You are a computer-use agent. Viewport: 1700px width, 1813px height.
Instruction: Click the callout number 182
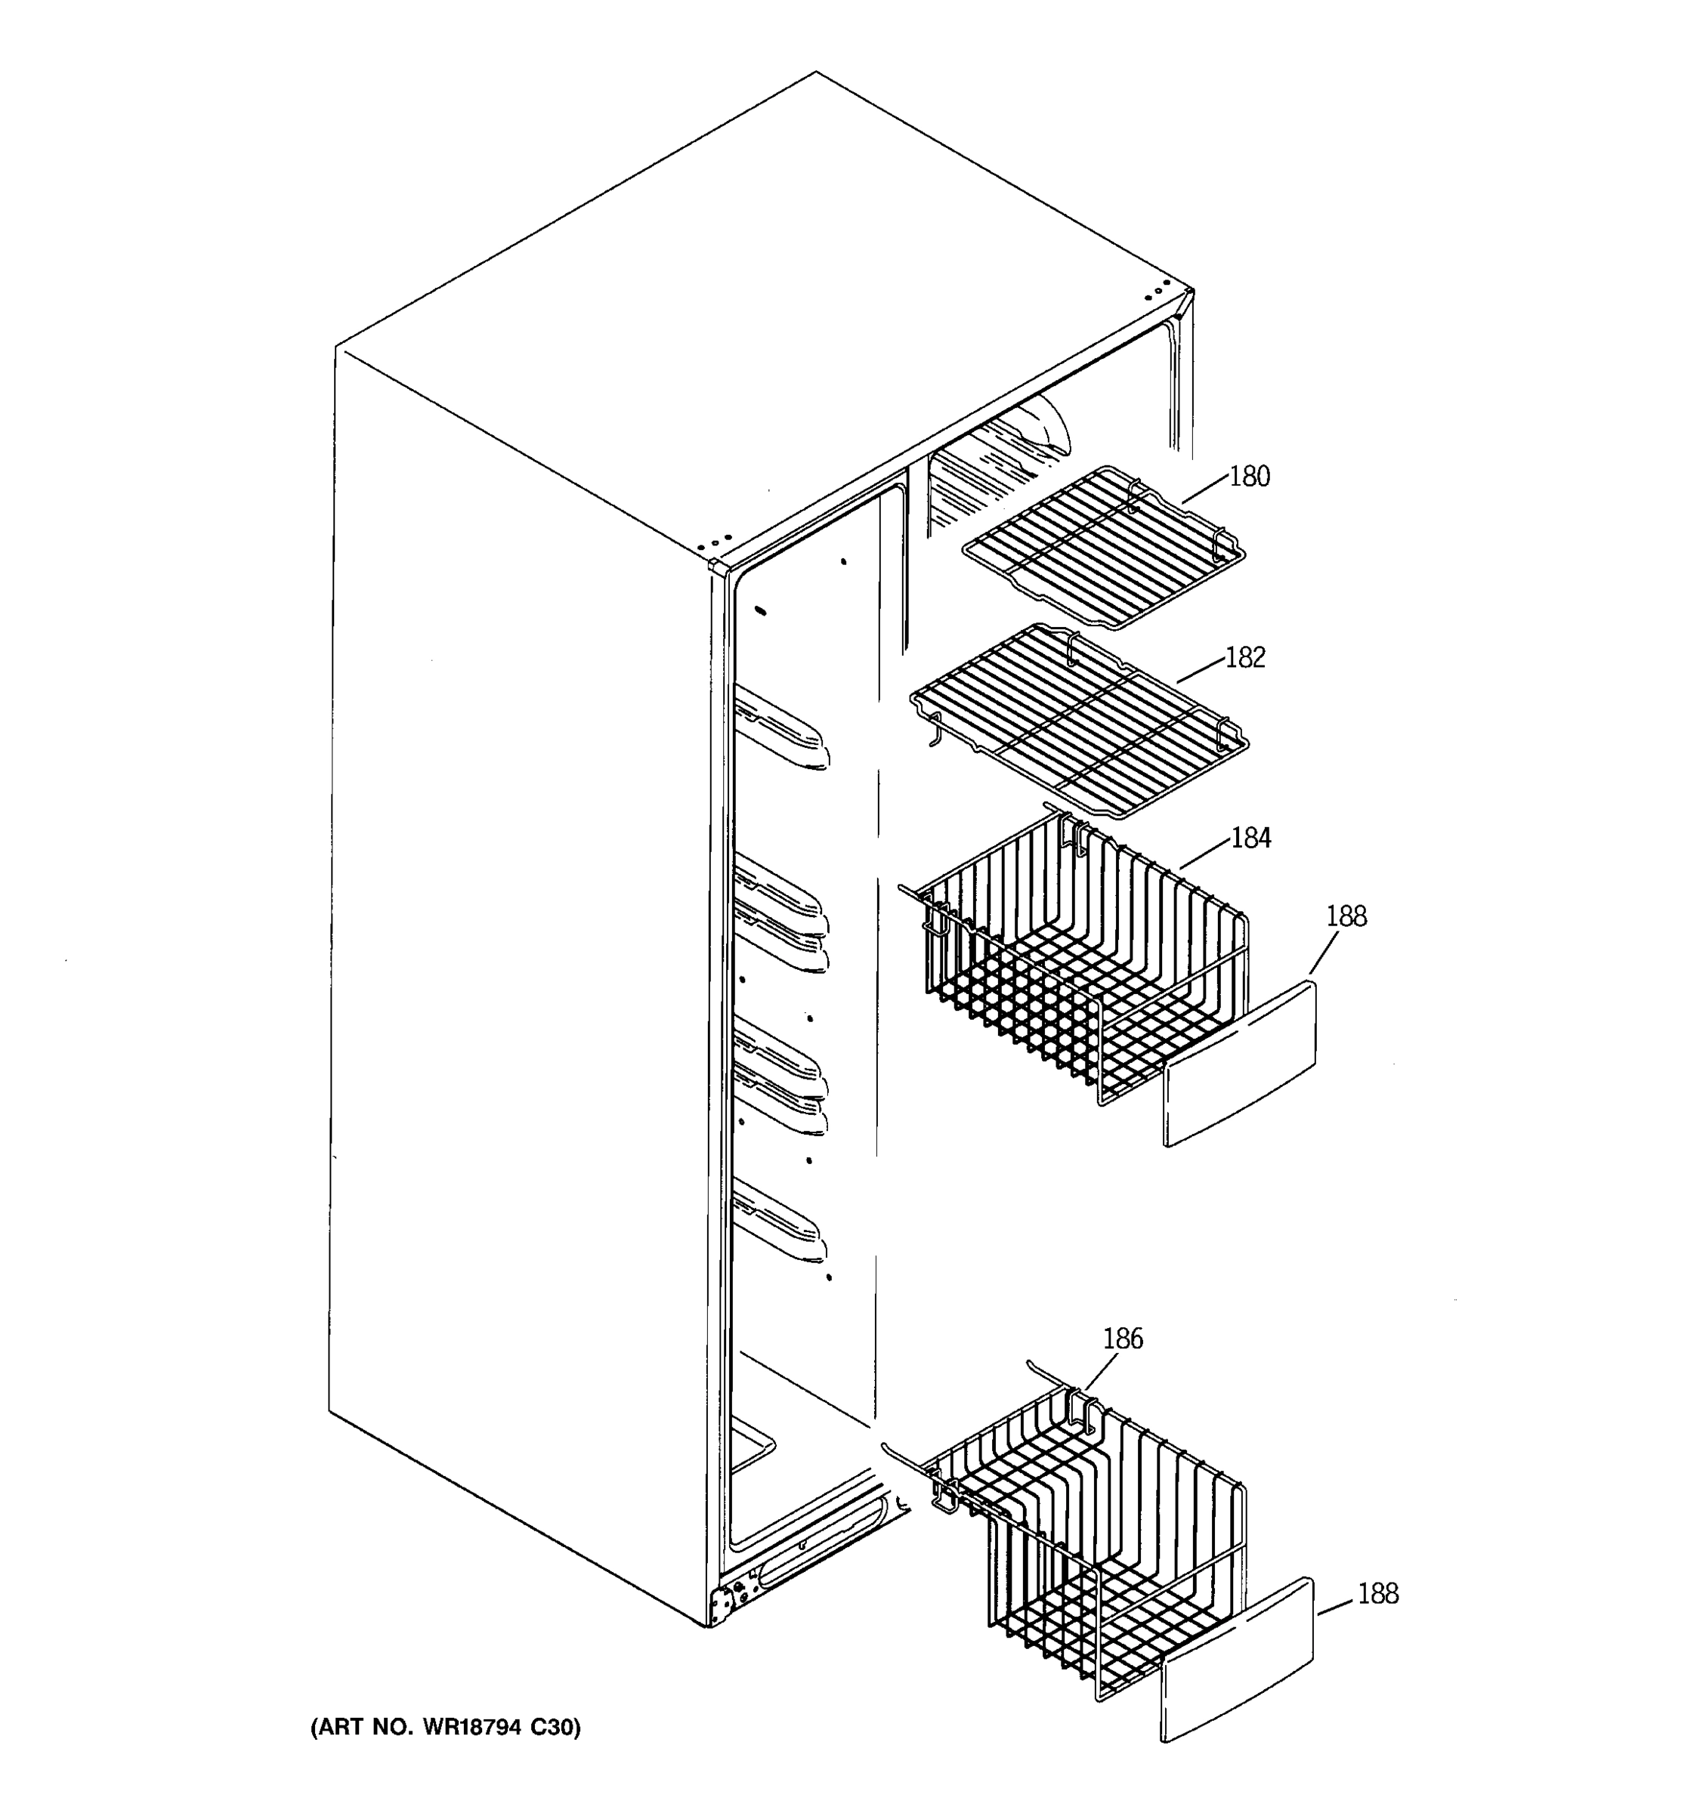point(1245,657)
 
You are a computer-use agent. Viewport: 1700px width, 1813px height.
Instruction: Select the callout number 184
point(1250,838)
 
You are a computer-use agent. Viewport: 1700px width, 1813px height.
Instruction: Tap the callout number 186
point(1123,1339)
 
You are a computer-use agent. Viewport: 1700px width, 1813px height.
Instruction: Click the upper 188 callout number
point(1346,916)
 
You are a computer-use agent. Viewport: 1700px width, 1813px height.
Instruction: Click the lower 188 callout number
point(1377,1594)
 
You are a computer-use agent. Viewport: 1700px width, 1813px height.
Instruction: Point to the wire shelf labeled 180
point(1104,547)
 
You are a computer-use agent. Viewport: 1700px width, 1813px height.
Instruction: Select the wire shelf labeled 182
point(1076,721)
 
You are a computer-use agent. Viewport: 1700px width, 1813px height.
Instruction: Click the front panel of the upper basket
point(1241,1062)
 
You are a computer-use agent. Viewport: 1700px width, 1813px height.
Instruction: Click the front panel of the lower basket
point(1238,1660)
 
